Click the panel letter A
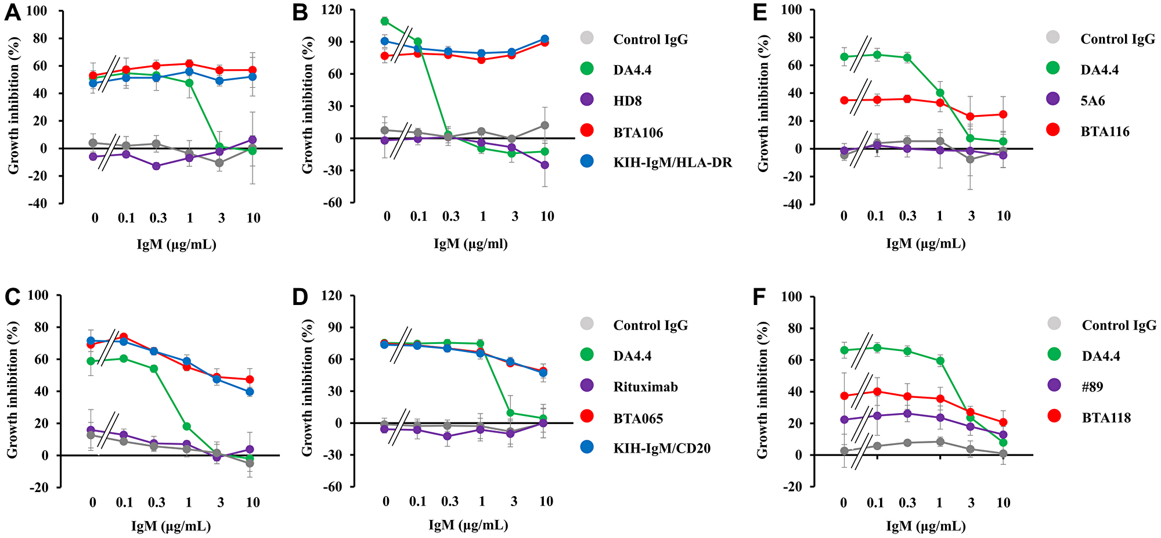(x=12, y=13)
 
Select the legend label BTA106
(x=638, y=132)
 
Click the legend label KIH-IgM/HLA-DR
(x=672, y=163)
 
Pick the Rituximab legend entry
(x=645, y=387)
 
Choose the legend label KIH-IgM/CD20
(x=662, y=448)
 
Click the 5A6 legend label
(x=1093, y=101)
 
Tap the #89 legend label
(x=1093, y=386)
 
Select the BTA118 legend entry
(x=1106, y=417)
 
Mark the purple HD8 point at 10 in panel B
(x=545, y=165)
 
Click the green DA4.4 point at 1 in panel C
(x=187, y=426)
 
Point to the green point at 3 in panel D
(x=510, y=413)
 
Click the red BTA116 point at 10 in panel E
(x=1003, y=114)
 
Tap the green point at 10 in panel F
(x=1003, y=442)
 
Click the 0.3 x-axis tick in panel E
(x=908, y=216)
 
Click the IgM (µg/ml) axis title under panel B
(x=471, y=243)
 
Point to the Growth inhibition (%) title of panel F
(x=763, y=391)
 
